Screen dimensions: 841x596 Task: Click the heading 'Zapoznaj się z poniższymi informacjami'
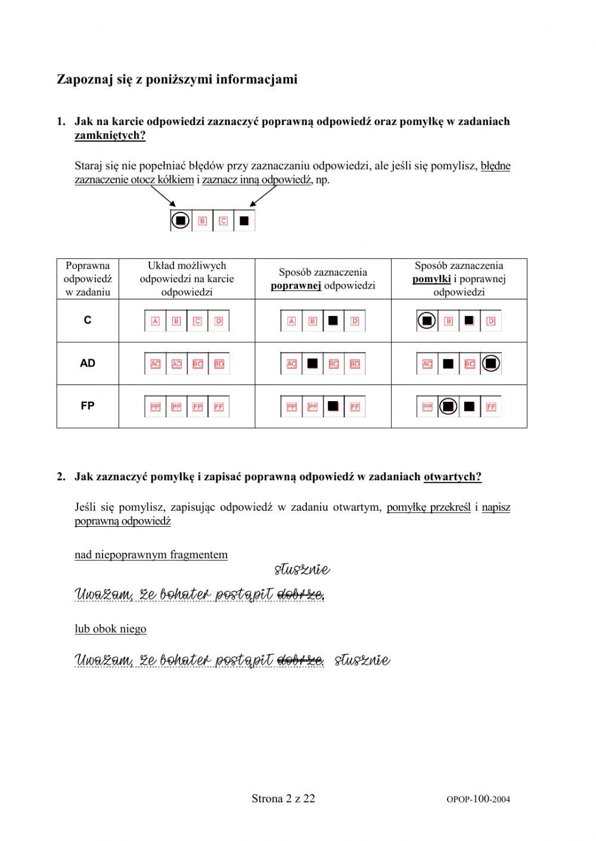click(x=176, y=79)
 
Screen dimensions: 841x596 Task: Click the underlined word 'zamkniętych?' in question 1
click(x=110, y=136)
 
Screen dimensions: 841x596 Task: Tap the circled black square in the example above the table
click(x=181, y=220)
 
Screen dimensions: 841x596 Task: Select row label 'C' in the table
click(x=88, y=320)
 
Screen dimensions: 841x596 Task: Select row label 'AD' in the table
click(x=88, y=363)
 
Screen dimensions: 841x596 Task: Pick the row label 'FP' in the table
click(x=88, y=406)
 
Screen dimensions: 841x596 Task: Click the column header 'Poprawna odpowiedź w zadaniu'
click(x=88, y=279)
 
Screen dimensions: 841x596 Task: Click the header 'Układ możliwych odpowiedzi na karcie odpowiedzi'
click(x=187, y=279)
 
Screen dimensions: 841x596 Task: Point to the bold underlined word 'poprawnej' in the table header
click(x=296, y=286)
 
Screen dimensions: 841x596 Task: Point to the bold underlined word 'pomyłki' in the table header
click(x=432, y=279)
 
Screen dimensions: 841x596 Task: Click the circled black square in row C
click(x=427, y=321)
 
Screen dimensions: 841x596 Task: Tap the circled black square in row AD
click(x=491, y=364)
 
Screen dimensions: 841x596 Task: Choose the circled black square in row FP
click(x=448, y=407)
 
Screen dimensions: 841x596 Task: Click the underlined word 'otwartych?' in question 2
click(x=452, y=477)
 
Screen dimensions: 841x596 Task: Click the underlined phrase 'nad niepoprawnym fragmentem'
click(x=151, y=555)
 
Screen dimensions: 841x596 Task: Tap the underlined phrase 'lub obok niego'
click(x=110, y=629)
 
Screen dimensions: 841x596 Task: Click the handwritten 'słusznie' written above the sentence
click(x=302, y=570)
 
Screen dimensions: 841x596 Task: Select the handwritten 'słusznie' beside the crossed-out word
click(x=362, y=660)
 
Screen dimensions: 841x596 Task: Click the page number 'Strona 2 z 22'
click(x=283, y=799)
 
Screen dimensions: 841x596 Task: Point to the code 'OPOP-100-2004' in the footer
click(x=478, y=799)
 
